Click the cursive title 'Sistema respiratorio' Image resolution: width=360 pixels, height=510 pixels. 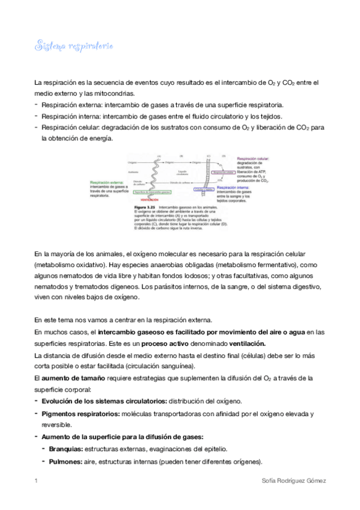point(75,46)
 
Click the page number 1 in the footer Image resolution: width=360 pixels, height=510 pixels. point(36,481)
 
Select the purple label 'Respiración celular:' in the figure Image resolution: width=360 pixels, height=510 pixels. point(253,158)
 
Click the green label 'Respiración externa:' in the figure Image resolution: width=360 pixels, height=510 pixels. point(106,182)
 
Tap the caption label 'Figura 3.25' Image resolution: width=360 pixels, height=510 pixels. point(142,206)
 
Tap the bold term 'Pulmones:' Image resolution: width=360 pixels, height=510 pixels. point(63,461)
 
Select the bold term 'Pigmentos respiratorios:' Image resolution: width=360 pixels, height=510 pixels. point(81,414)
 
